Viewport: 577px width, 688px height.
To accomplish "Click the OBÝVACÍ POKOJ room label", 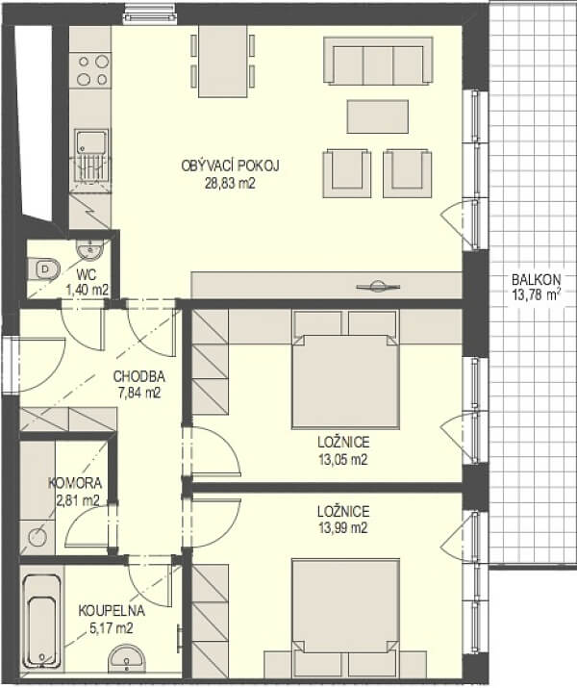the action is click(230, 166).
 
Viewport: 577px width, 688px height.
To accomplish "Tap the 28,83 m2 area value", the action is click(230, 183).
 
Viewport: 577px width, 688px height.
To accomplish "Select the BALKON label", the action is click(537, 279).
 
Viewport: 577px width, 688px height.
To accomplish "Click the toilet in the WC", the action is click(44, 268).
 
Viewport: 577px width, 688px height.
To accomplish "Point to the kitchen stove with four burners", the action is click(92, 69).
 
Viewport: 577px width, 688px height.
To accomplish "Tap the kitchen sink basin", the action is click(91, 142).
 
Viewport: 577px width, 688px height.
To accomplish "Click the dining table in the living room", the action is click(223, 61).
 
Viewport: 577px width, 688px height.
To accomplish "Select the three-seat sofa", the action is click(378, 61).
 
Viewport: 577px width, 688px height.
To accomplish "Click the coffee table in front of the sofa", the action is click(378, 116).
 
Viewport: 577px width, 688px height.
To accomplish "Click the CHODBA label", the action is click(139, 376).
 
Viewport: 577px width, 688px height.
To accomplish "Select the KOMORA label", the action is click(75, 483).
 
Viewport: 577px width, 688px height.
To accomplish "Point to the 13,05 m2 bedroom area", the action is click(343, 459).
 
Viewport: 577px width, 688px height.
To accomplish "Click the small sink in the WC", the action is click(90, 249).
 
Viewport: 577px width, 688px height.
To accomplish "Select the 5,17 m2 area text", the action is click(111, 628).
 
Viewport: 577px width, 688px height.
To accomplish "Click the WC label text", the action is click(87, 274).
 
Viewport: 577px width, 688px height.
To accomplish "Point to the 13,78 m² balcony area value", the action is click(537, 295).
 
